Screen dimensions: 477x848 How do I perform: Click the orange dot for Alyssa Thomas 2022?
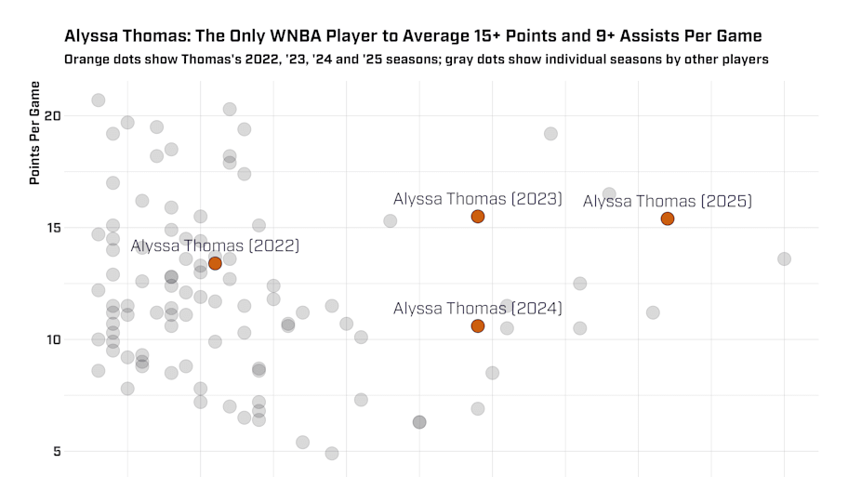coord(215,263)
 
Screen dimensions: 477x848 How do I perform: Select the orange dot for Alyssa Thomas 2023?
coord(478,217)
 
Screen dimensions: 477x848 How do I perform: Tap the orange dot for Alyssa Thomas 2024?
coord(478,325)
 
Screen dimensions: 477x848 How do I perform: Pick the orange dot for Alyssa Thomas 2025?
coord(668,219)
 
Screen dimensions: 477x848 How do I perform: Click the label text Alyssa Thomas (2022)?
coord(215,246)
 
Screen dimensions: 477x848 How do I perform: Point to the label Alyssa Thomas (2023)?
coord(478,199)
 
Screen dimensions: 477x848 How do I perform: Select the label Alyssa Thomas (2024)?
coord(478,309)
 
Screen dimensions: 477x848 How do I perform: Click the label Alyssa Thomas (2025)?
coord(668,201)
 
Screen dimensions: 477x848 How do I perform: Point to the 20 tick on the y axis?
coord(52,116)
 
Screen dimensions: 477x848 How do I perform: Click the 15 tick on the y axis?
coord(52,228)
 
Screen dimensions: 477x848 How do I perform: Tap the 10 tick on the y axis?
coord(52,339)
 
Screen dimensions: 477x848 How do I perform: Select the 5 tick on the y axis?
coord(56,451)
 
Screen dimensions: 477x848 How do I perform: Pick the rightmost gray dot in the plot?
coord(784,258)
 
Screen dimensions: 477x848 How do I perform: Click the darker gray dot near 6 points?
coord(419,422)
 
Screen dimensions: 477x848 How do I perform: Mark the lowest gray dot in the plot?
coord(332,453)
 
